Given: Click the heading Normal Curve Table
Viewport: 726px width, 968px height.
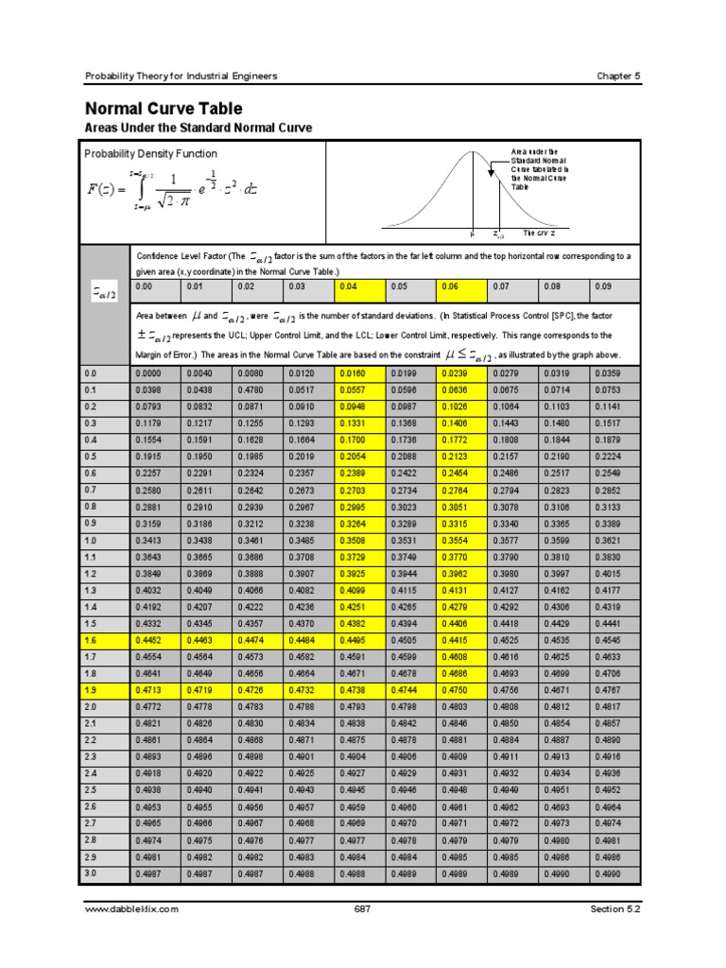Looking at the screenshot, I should pos(164,109).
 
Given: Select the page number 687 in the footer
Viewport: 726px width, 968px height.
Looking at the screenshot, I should pos(362,908).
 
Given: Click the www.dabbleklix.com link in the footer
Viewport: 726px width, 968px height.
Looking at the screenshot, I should pos(131,908).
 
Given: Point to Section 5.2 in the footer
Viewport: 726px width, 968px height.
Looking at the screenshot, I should pos(614,908).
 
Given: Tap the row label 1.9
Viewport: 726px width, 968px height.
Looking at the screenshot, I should pos(91,692).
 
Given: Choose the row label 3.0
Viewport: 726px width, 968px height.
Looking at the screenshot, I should pos(91,873).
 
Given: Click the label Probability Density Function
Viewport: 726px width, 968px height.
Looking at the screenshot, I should pos(150,153).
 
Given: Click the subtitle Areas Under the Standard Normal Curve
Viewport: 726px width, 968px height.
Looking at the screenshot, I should pos(199,128).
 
